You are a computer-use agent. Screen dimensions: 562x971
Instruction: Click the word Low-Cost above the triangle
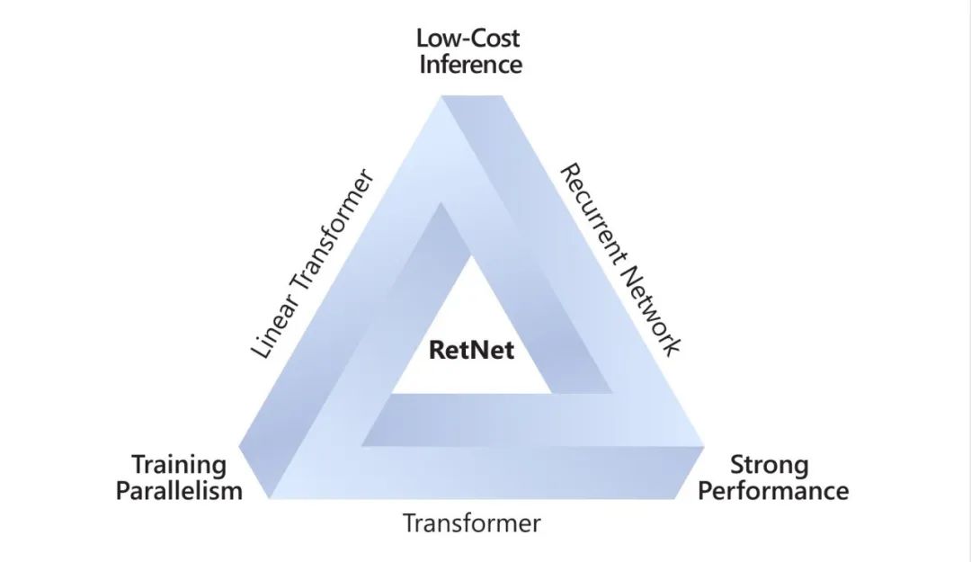468,39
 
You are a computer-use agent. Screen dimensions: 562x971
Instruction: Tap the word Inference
469,65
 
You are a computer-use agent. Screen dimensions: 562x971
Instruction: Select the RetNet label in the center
472,349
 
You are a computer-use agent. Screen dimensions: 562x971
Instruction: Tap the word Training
179,465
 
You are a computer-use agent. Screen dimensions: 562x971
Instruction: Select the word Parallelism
179,491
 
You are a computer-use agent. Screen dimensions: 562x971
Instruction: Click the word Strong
769,465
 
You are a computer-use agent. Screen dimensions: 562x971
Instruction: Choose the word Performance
773,491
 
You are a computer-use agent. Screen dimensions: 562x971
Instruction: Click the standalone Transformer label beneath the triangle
471,523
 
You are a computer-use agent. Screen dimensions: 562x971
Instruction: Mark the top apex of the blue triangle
443,95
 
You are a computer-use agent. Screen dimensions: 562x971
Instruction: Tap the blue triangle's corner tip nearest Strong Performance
703,447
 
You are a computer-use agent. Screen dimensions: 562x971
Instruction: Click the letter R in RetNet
436,349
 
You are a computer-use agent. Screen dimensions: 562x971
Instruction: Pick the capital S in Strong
737,465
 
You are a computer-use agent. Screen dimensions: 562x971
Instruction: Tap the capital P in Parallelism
123,491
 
